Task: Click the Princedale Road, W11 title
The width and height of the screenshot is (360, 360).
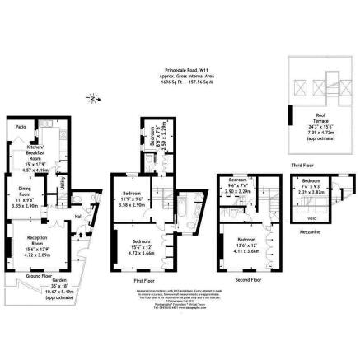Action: pyautogui.click(x=180, y=71)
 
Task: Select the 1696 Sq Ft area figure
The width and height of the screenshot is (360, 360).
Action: pyautogui.click(x=165, y=83)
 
